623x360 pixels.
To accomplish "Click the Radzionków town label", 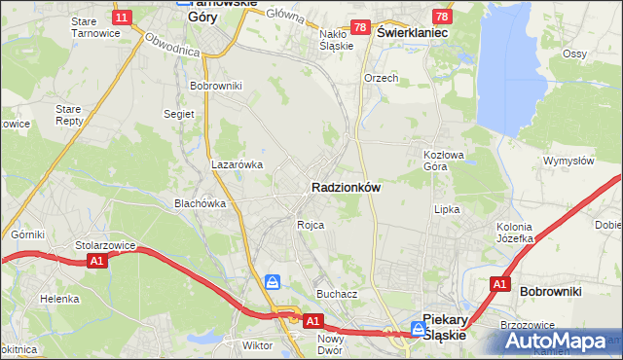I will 345,187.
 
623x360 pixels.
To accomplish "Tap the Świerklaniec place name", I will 412,32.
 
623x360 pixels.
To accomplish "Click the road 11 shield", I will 121,18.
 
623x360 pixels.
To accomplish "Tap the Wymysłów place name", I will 568,161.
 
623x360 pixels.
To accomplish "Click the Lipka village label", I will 446,209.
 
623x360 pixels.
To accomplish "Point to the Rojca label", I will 311,225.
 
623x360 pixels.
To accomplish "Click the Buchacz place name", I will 337,293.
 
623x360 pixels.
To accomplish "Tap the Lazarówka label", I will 238,165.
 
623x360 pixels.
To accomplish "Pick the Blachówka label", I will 200,203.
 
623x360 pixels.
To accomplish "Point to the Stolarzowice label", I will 104,246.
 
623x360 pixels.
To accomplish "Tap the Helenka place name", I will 59,299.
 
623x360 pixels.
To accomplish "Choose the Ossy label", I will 575,54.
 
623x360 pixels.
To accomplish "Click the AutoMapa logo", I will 560,342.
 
